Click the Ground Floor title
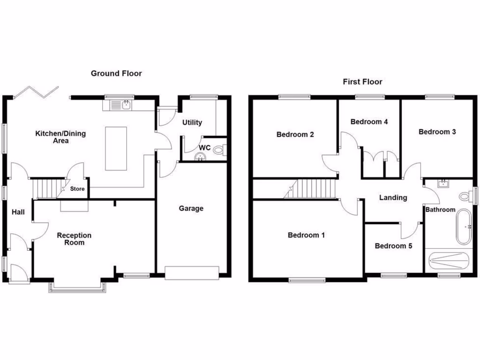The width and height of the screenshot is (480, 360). (x=116, y=73)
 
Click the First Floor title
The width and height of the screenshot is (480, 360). (x=362, y=82)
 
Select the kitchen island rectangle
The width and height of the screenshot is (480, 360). (x=116, y=148)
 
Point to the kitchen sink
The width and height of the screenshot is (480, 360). (x=126, y=105)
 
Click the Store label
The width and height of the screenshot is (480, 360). (x=78, y=189)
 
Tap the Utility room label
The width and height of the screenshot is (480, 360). (x=192, y=122)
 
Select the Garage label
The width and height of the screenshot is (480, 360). (x=191, y=208)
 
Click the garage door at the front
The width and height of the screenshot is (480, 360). (x=192, y=272)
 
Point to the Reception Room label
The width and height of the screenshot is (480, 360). (x=74, y=239)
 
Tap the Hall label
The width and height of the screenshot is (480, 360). (x=18, y=212)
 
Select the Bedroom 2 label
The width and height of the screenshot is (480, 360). (x=295, y=135)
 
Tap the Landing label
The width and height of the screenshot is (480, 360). (x=393, y=197)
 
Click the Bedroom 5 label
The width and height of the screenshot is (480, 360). (x=393, y=246)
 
